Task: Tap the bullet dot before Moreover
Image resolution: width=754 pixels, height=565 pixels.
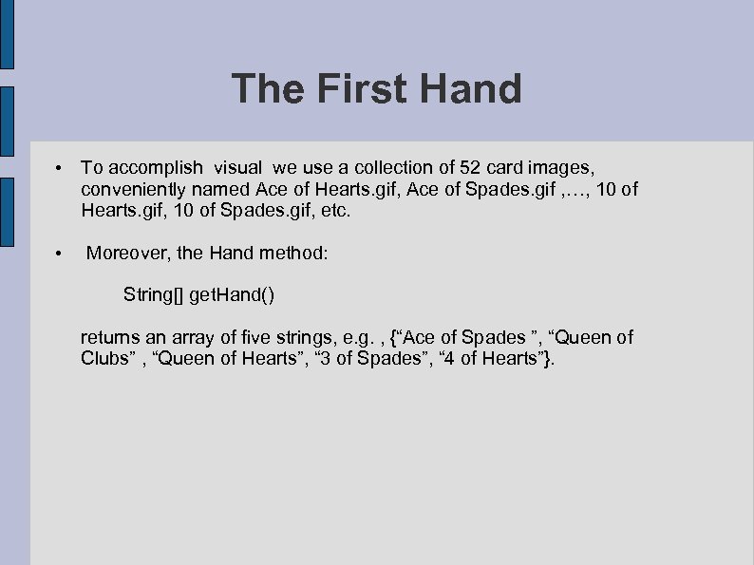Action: [x=59, y=254]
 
